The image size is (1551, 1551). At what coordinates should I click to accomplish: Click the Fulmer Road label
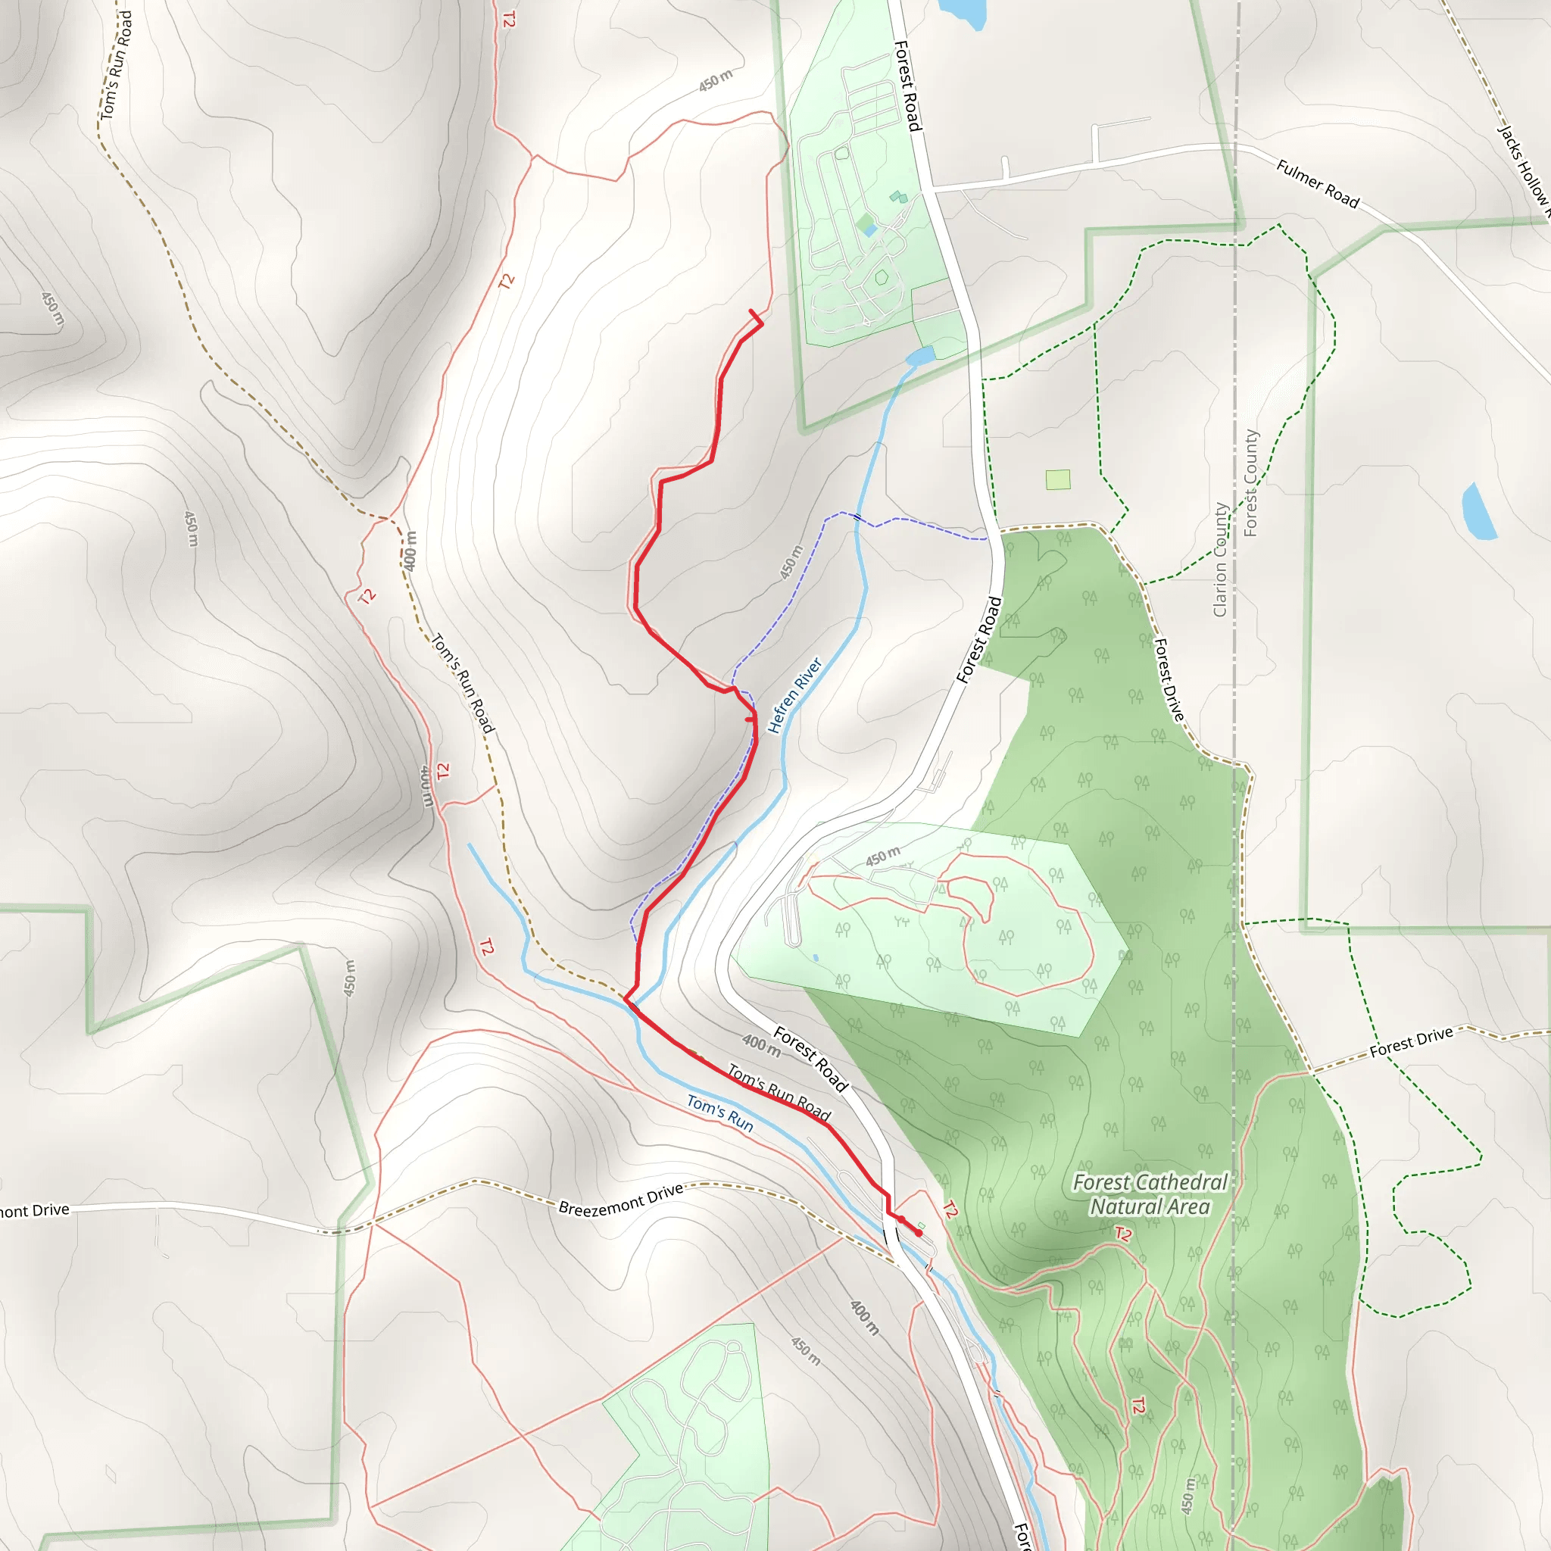(x=1318, y=184)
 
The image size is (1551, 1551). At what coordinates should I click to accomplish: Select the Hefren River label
(x=794, y=695)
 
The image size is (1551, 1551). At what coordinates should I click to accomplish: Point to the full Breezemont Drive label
(x=620, y=1199)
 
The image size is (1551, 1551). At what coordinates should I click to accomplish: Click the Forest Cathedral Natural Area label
(x=1150, y=1194)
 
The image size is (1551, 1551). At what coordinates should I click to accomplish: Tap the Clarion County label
(x=1220, y=560)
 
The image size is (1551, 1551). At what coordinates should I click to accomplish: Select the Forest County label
(x=1251, y=483)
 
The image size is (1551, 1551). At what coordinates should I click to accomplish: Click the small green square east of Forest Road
(x=1058, y=479)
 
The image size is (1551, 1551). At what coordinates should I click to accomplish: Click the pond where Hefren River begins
(x=921, y=355)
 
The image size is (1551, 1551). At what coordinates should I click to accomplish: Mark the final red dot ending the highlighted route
(x=919, y=1233)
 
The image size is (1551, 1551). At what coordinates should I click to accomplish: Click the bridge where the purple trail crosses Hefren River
(x=857, y=518)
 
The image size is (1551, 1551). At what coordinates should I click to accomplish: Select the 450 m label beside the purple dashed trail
(x=791, y=563)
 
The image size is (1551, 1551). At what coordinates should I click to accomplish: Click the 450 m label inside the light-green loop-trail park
(x=882, y=856)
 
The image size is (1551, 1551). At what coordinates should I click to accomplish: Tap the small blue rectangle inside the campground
(x=871, y=231)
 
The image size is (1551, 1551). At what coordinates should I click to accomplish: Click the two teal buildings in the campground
(x=898, y=197)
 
